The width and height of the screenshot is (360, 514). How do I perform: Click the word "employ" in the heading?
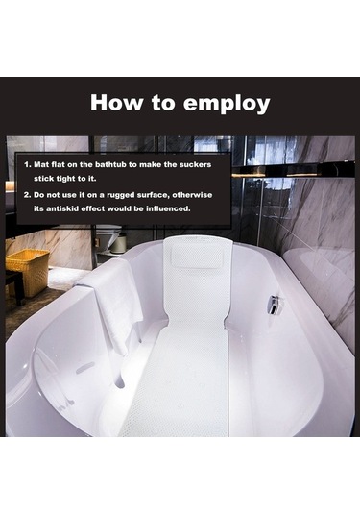pos(227,104)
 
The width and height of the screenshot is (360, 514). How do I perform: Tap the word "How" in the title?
pos(116,102)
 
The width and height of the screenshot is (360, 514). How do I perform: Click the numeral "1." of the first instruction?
pos(28,164)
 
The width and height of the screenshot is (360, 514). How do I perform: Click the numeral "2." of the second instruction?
pos(28,195)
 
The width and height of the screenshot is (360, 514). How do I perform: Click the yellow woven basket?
pos(28,272)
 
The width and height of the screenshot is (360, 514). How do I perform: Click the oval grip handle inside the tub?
pos(84,368)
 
